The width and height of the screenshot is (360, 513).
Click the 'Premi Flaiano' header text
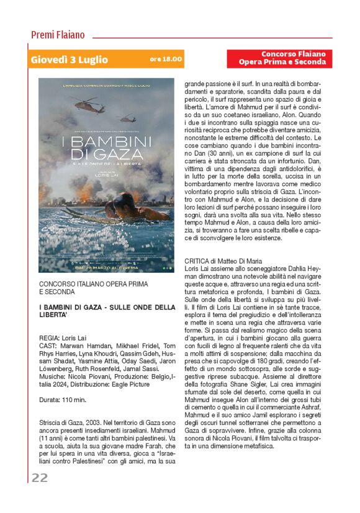(58, 35)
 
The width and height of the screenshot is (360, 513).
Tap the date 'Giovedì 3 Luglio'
(69, 60)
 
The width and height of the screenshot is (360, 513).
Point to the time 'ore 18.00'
(166, 60)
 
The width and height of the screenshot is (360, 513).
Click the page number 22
(40, 478)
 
